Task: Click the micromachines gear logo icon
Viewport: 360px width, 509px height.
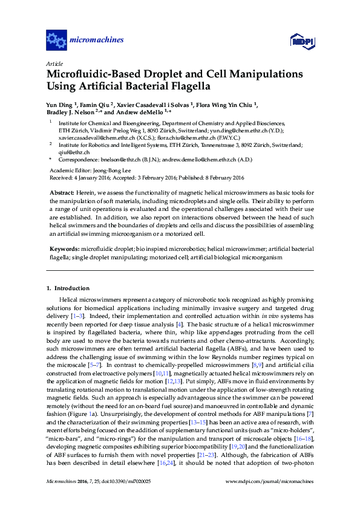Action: pos(56,41)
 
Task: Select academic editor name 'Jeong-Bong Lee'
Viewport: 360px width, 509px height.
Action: pos(110,170)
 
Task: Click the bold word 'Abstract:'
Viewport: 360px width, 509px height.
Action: pos(63,192)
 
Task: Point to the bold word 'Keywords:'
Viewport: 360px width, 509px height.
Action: pos(64,249)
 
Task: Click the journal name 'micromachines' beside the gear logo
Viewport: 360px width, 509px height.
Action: pos(97,41)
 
